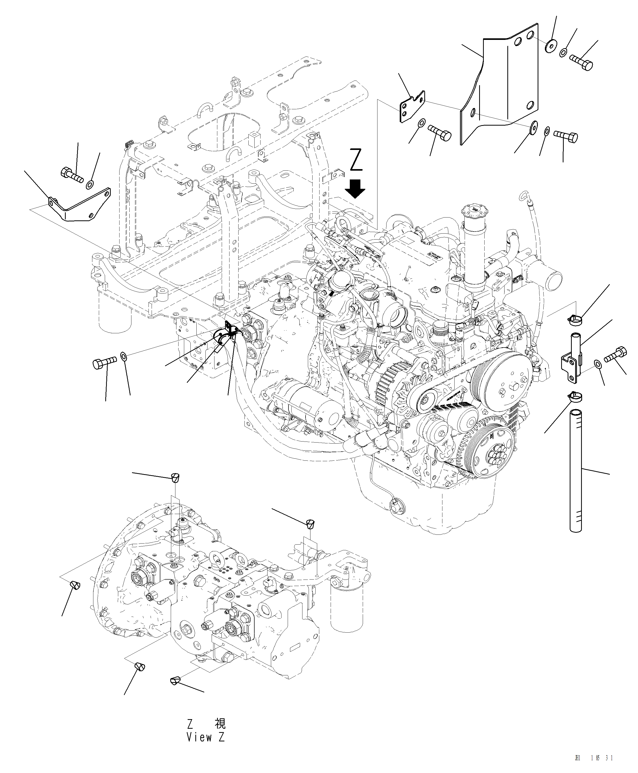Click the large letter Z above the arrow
click(356, 160)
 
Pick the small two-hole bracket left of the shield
click(412, 106)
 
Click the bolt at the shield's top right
click(581, 62)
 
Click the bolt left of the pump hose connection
click(104, 363)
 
